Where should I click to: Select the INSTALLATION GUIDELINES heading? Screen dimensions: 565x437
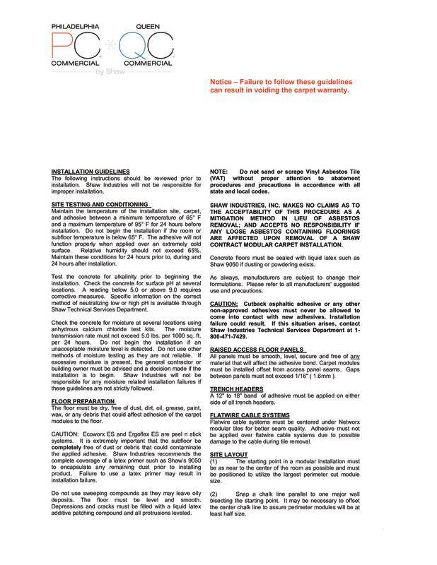pyautogui.click(x=91, y=171)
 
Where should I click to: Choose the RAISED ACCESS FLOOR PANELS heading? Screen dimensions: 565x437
pyautogui.click(x=257, y=349)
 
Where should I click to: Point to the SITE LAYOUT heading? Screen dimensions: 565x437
pyautogui.click(x=231, y=450)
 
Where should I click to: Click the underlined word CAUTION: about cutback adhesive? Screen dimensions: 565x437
pyautogui.click(x=226, y=303)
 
